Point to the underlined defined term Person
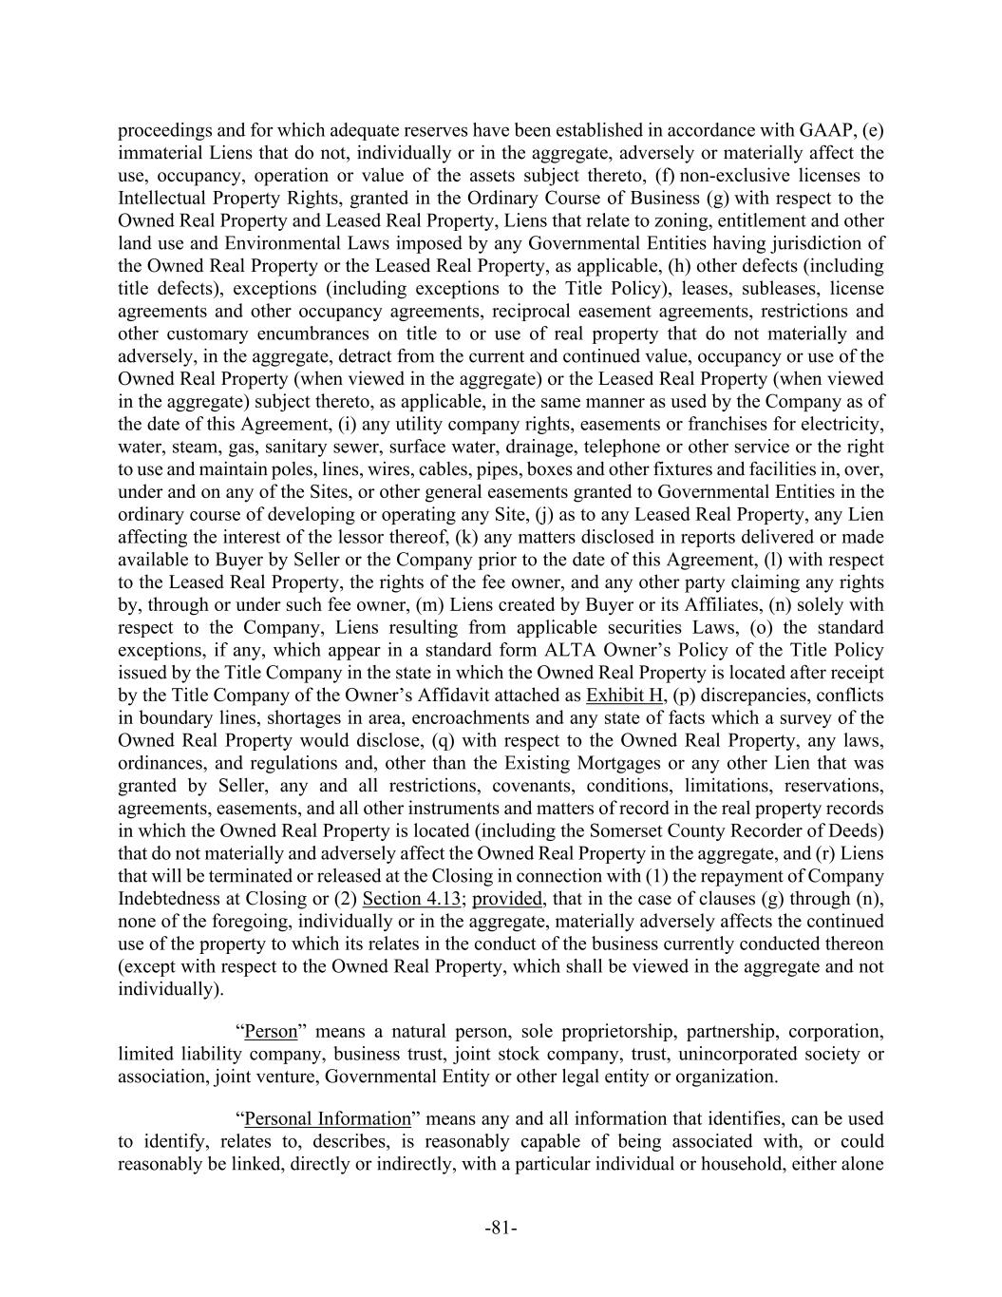click(271, 1032)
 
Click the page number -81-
click(501, 1229)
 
